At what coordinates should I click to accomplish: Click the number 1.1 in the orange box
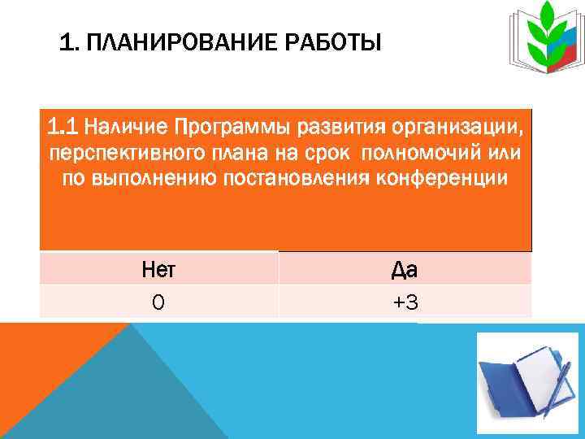[x=63, y=127]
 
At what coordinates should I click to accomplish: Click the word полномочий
[x=425, y=154]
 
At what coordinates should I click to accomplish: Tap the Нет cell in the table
[x=158, y=268]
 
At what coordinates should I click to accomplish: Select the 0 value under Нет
[x=158, y=302]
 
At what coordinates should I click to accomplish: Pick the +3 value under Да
[x=405, y=302]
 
